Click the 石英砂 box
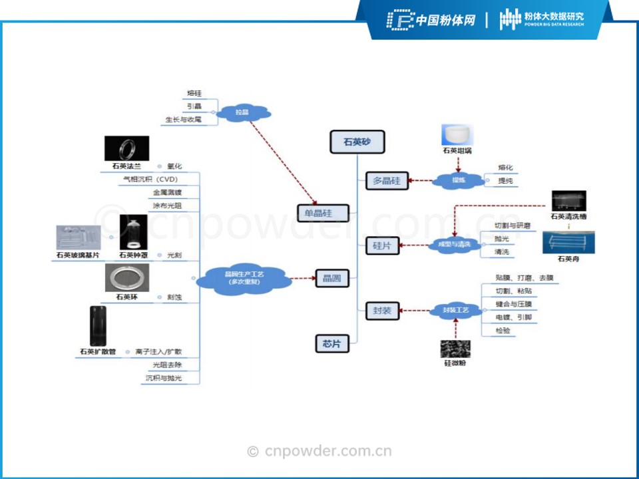click(x=357, y=142)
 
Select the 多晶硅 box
click(x=387, y=180)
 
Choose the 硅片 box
click(x=382, y=245)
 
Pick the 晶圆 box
click(x=331, y=278)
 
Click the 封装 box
click(x=382, y=310)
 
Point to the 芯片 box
click(x=331, y=343)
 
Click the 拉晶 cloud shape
click(x=242, y=112)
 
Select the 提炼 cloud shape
click(x=459, y=180)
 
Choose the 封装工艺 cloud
click(x=457, y=310)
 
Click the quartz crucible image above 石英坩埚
click(x=457, y=134)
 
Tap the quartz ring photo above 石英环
click(x=126, y=277)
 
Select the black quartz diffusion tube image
click(x=98, y=326)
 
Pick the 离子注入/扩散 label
click(x=158, y=351)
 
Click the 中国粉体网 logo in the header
click(x=431, y=20)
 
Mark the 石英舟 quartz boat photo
click(x=568, y=242)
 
